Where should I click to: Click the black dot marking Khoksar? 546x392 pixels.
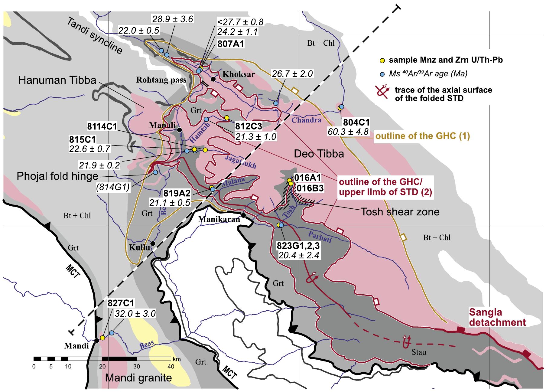point(213,79)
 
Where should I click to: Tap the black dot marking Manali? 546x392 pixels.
point(179,130)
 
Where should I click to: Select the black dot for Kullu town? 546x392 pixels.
point(153,243)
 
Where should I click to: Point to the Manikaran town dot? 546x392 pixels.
point(243,215)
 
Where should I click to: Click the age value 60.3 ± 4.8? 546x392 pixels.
point(348,132)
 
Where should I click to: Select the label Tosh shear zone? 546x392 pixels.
point(400,212)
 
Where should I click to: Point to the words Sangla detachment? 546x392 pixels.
point(497,317)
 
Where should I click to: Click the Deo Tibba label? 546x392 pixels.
point(319,154)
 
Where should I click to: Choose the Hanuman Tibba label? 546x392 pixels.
point(57,80)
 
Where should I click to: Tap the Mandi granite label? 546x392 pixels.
point(138,378)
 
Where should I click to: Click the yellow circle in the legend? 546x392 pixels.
point(382,60)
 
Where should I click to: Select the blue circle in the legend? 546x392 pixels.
point(382,74)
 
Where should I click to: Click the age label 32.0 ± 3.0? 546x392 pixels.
point(135,314)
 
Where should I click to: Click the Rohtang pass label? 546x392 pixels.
point(161,80)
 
